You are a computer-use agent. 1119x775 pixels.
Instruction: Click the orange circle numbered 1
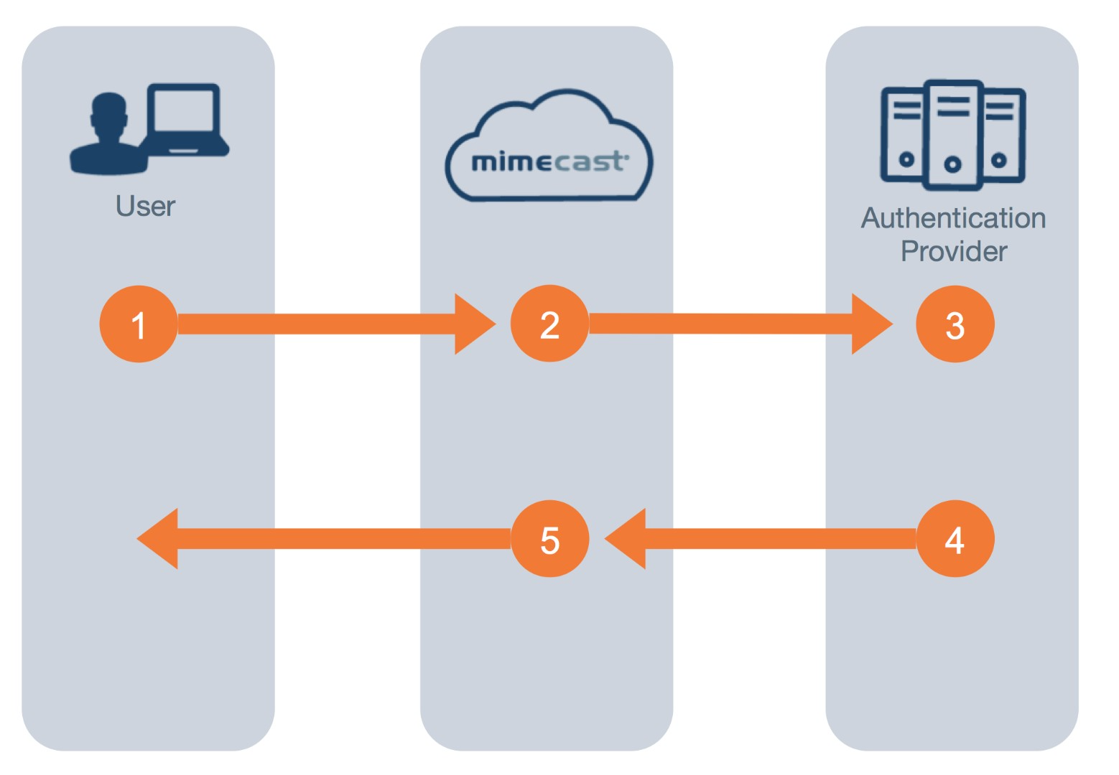point(139,324)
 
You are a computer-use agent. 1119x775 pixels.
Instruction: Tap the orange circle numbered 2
point(549,324)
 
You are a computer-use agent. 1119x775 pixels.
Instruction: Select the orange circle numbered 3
point(955,324)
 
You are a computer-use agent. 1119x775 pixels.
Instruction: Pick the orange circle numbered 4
point(955,539)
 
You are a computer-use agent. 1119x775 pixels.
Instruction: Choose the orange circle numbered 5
point(549,539)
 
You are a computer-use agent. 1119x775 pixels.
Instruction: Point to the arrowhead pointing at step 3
point(868,324)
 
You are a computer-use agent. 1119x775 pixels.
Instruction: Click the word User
point(145,207)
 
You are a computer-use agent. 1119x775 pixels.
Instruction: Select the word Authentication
point(953,218)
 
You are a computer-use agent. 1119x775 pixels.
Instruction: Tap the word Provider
point(953,252)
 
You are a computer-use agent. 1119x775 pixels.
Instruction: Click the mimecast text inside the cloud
point(548,162)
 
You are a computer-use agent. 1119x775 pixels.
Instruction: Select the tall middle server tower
point(953,134)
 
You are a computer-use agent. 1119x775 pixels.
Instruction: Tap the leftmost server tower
point(904,134)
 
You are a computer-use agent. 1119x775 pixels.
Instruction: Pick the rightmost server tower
point(1003,134)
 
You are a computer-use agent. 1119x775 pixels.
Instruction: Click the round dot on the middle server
point(952,165)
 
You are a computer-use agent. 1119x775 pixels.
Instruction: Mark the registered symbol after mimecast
point(627,154)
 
